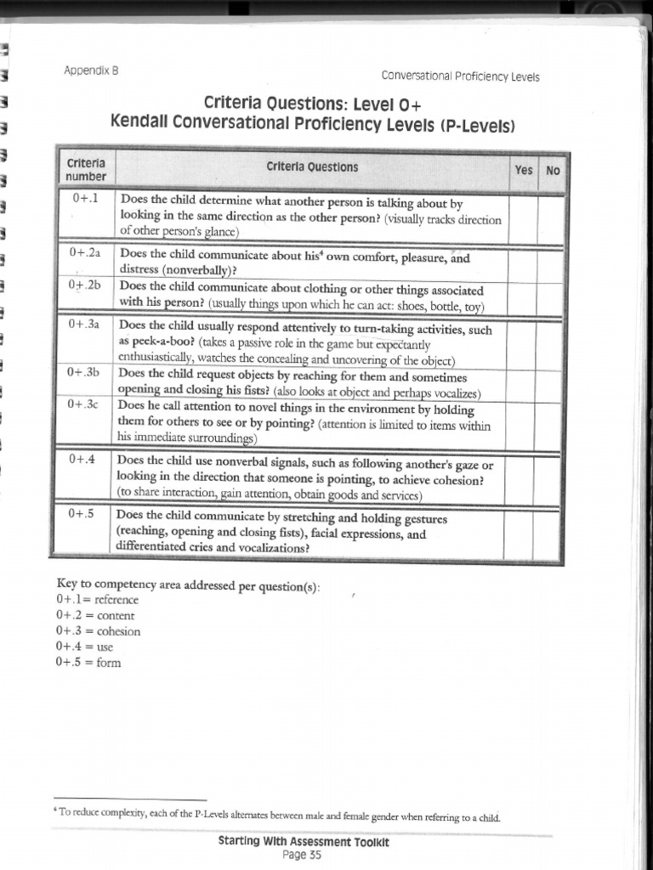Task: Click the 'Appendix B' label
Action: (91, 71)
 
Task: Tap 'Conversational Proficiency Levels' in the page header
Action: (460, 76)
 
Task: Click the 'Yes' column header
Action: (524, 171)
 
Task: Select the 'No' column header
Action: (553, 171)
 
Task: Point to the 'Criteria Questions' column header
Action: (312, 167)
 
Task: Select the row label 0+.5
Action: (83, 514)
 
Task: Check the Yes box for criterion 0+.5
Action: (520, 532)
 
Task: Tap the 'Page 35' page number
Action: (302, 855)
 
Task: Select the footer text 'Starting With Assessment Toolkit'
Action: (304, 843)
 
